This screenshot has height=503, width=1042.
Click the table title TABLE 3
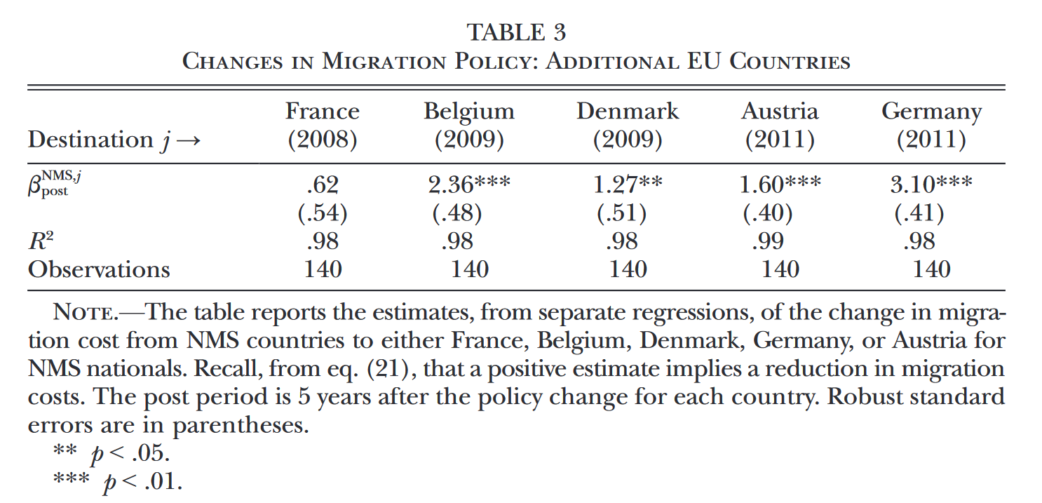pyautogui.click(x=516, y=32)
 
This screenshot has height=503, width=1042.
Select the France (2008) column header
pyautogui.click(x=323, y=125)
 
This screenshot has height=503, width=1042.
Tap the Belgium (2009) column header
pyautogui.click(x=469, y=125)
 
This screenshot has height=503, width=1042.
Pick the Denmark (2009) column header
pyautogui.click(x=628, y=125)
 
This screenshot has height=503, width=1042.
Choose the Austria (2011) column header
pyautogui.click(x=780, y=125)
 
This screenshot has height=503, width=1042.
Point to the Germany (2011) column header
pyautogui.click(x=931, y=125)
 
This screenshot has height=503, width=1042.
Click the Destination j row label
pyautogui.click(x=114, y=140)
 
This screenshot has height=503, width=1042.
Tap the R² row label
pyautogui.click(x=41, y=241)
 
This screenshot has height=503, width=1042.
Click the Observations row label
pyautogui.click(x=99, y=269)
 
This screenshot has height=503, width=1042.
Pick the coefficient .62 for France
pyautogui.click(x=323, y=185)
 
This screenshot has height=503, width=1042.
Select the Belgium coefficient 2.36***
pyautogui.click(x=469, y=185)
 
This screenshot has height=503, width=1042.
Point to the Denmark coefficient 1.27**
pyautogui.click(x=628, y=185)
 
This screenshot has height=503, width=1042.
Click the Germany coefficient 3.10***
pyautogui.click(x=931, y=185)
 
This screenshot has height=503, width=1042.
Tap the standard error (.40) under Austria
pyautogui.click(x=768, y=213)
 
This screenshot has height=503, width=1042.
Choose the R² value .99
pyautogui.click(x=768, y=241)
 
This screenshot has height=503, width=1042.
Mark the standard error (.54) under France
pyautogui.click(x=323, y=213)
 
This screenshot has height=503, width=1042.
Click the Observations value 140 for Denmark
pyautogui.click(x=628, y=269)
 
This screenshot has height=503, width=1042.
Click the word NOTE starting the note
pyautogui.click(x=85, y=312)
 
